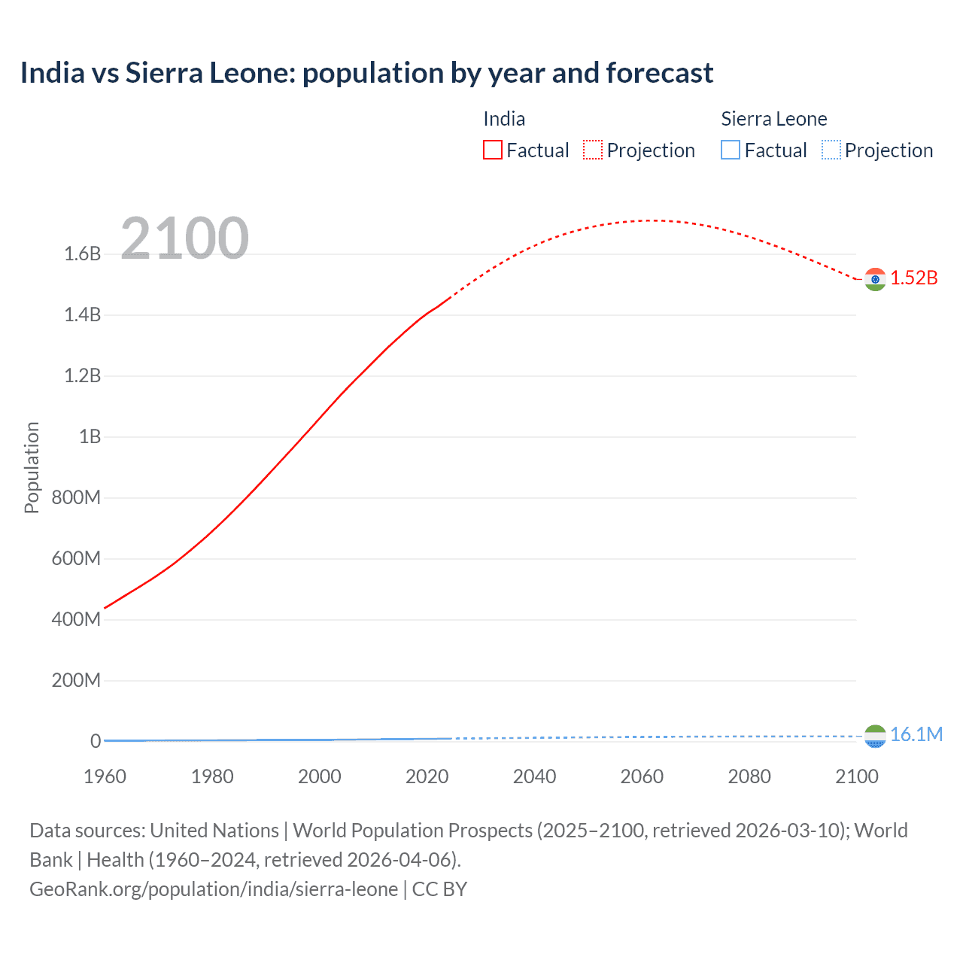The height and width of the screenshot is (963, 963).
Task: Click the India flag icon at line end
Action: [875, 279]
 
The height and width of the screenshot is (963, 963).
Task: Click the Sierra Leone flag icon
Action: [875, 736]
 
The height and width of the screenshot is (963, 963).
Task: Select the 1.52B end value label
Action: [914, 278]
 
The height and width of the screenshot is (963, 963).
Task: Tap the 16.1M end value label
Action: [916, 735]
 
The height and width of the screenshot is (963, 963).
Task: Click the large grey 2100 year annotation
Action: [184, 238]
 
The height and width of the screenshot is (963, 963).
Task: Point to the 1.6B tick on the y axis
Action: [83, 254]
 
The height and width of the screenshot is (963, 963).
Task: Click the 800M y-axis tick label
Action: [76, 498]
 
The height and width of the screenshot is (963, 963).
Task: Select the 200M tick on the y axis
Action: [76, 681]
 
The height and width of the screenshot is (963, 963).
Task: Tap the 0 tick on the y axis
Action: [96, 742]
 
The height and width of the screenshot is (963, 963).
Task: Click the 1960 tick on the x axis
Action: [105, 776]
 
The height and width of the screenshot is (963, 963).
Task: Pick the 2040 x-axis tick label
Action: [534, 776]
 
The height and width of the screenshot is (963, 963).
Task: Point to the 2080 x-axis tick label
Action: [749, 776]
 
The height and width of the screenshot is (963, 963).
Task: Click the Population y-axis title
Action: [32, 467]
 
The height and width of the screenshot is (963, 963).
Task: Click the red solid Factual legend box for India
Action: [493, 150]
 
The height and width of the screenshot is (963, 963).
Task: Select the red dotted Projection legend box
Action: [593, 150]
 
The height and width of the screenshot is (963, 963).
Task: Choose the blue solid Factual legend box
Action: [731, 150]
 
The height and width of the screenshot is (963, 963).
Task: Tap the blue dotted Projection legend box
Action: [831, 150]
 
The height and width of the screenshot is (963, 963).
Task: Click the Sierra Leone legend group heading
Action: [773, 119]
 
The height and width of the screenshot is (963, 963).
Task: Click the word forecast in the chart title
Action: [659, 73]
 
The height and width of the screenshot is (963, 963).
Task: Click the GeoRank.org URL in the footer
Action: [214, 889]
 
